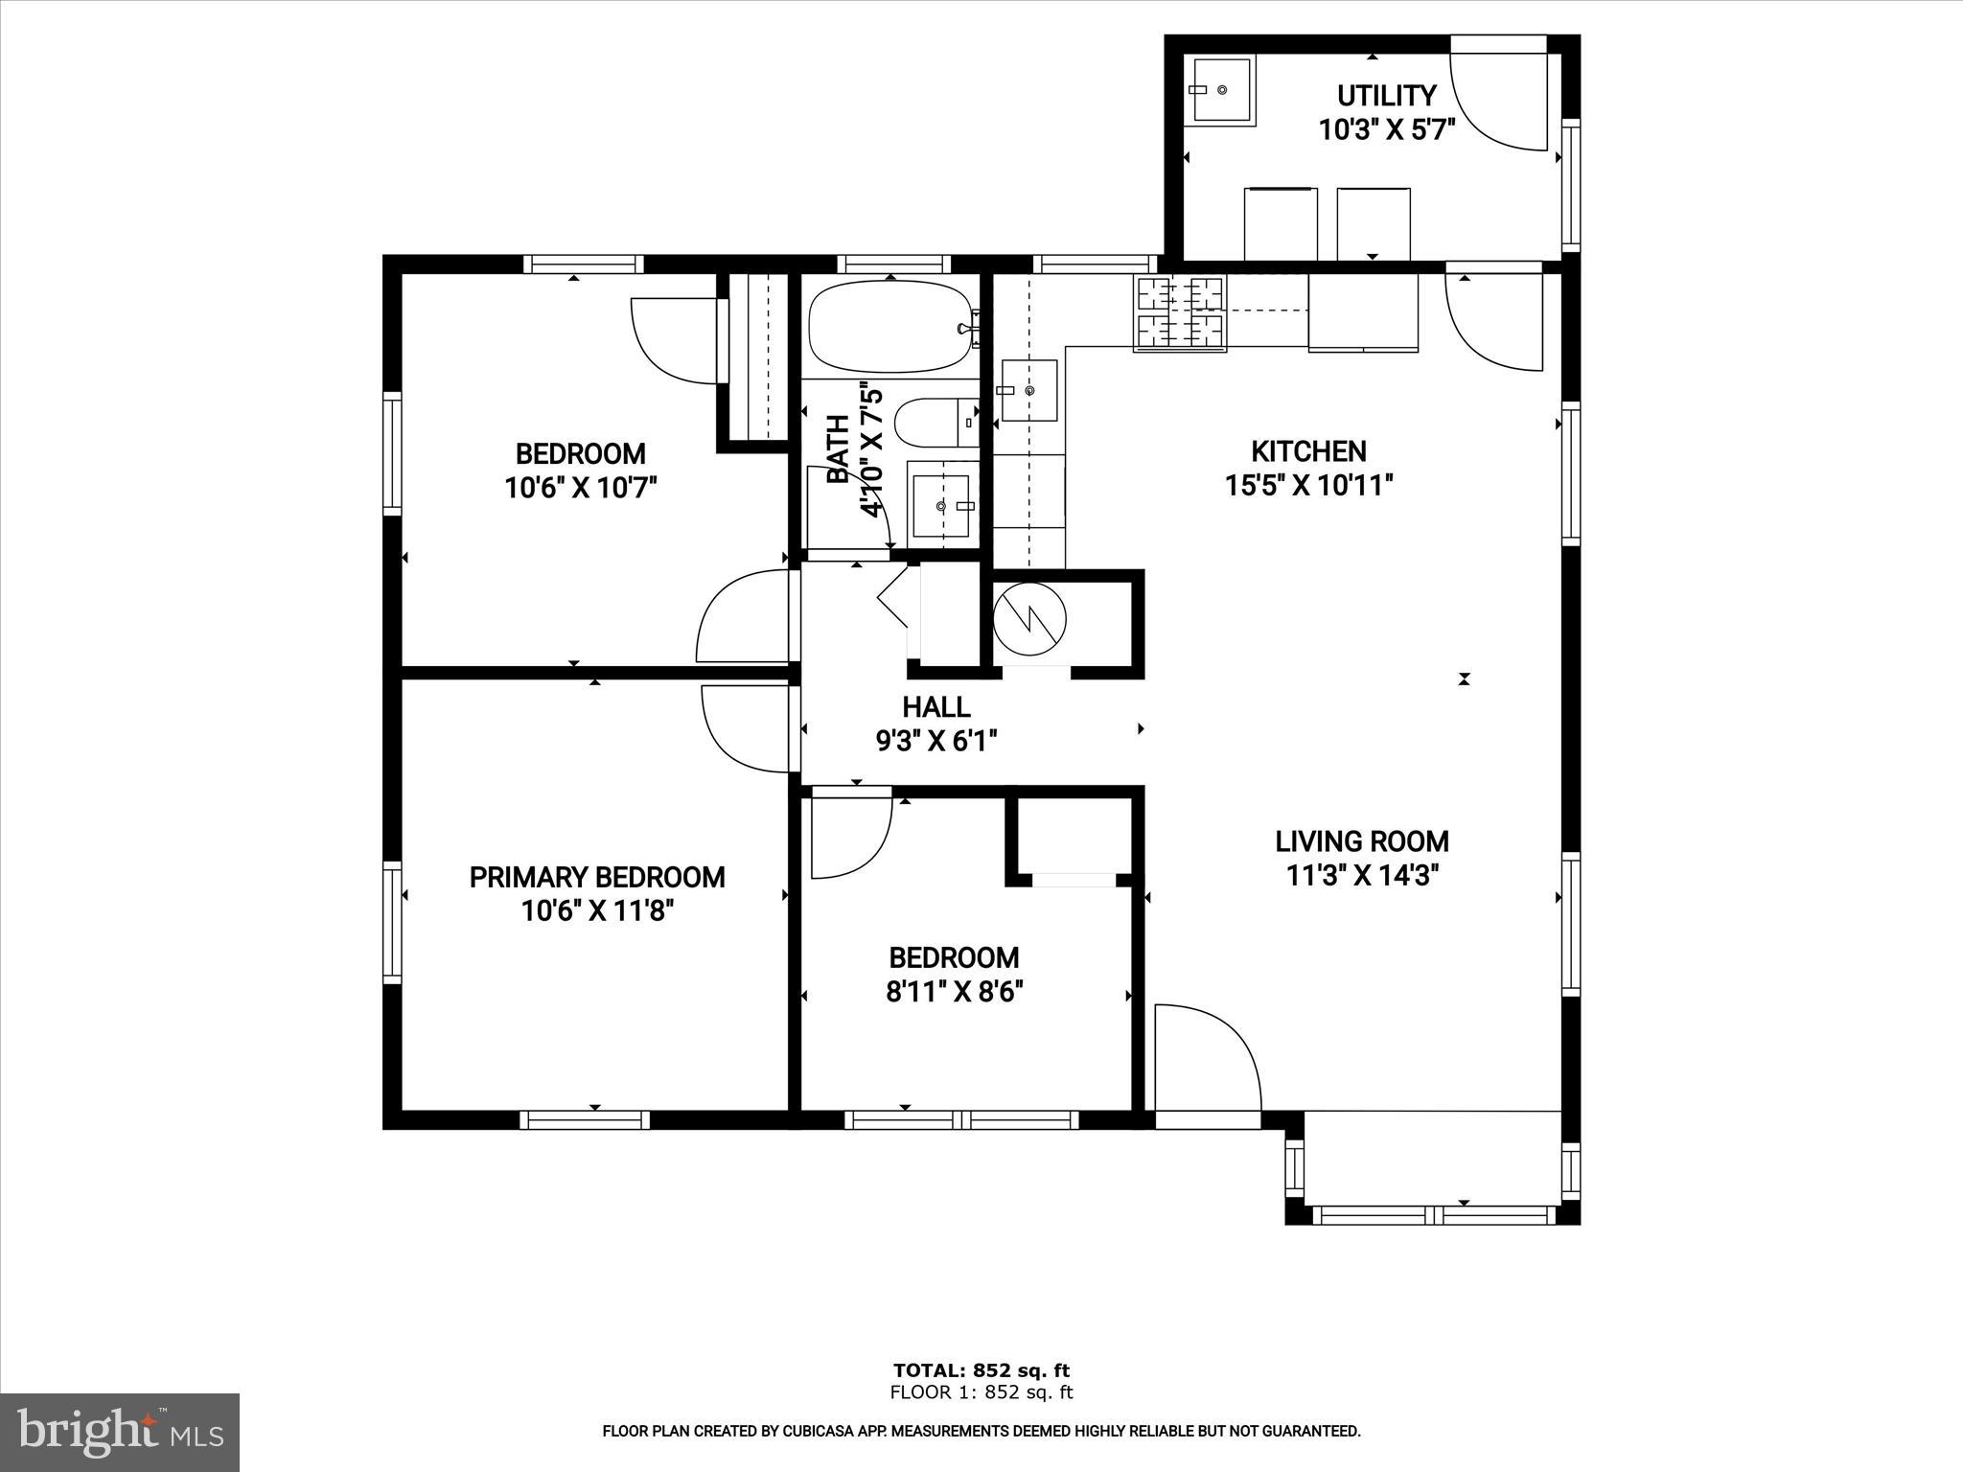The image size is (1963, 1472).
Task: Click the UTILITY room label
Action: [x=1386, y=96]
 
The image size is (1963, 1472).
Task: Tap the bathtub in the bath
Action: [x=890, y=327]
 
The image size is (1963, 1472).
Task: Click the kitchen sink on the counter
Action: [x=1029, y=390]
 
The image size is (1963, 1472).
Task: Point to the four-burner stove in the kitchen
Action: [x=1179, y=312]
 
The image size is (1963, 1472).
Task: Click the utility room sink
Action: [x=1221, y=89]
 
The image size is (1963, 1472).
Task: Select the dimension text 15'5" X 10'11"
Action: [x=1308, y=486]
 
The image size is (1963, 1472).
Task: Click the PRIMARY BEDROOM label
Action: [x=596, y=877]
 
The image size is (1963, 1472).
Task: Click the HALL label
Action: [x=935, y=707]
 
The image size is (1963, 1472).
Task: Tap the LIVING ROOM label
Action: [x=1361, y=841]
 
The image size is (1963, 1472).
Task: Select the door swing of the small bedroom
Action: [x=847, y=835]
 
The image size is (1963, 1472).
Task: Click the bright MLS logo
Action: [x=119, y=1432]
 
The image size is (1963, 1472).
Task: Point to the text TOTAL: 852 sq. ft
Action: [x=981, y=1370]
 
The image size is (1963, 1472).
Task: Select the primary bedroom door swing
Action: [x=747, y=728]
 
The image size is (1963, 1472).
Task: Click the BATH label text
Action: [x=838, y=448]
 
